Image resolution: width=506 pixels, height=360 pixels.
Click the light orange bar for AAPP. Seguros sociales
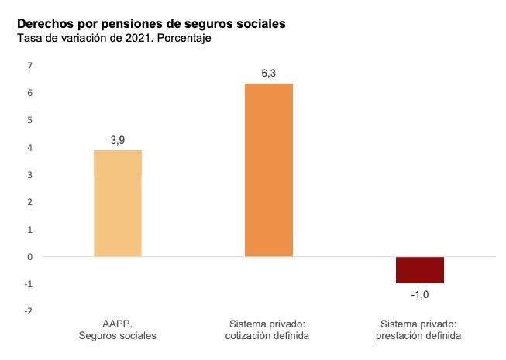coord(117,203)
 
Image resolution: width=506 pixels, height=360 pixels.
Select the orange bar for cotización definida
coord(269,170)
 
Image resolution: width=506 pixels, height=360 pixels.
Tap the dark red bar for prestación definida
coord(420,270)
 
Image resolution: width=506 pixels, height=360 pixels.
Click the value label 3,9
coord(118,140)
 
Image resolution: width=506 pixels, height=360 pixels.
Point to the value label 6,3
coord(269,74)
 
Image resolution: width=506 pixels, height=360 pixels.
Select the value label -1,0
coord(420,295)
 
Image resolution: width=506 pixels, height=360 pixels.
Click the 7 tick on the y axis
coord(29,66)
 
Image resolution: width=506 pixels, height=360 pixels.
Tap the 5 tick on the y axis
coord(29,121)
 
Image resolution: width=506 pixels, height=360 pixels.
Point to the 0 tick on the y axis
coord(29,257)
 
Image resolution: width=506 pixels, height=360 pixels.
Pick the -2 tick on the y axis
coord(29,311)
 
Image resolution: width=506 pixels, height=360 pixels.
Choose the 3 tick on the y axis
coord(29,175)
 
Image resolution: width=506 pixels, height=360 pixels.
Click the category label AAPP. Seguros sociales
coord(118,330)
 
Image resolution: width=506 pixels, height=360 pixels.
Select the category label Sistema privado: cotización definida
coord(269,330)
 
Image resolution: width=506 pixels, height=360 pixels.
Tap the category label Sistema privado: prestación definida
coord(420,330)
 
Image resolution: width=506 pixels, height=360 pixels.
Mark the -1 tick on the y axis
coord(29,284)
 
